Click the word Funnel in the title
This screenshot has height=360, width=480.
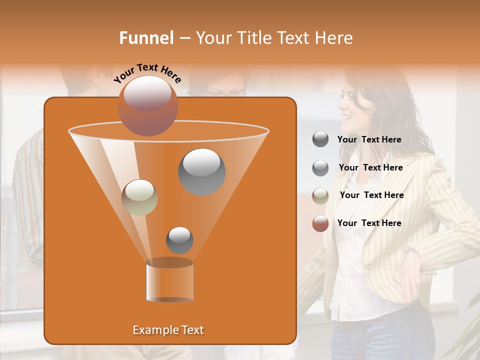coord(146,38)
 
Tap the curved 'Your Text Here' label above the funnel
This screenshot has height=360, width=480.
coord(147,72)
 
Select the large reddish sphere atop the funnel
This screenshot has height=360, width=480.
coord(147,105)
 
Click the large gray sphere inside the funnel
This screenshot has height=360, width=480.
coord(201,171)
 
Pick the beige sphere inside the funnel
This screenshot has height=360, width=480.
coord(139,197)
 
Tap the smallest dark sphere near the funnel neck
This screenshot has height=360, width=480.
coord(179,240)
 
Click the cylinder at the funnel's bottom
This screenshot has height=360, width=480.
coord(169,282)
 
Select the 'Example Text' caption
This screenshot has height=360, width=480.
coord(168,330)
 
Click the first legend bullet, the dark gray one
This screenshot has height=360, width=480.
coord(320,139)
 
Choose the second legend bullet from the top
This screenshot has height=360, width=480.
coord(320,167)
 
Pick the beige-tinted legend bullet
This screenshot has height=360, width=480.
coord(320,195)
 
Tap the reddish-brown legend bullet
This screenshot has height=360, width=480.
coord(320,223)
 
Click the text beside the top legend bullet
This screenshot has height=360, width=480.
coord(369,139)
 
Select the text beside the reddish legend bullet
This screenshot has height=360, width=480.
coord(369,223)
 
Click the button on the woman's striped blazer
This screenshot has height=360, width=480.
coord(368,264)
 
